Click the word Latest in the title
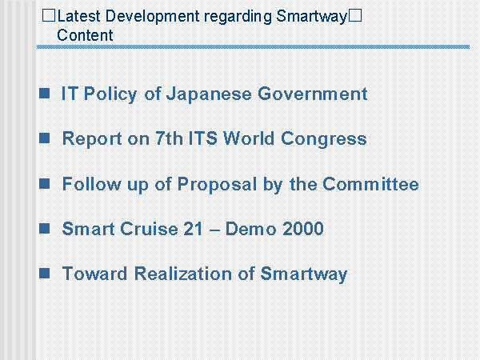(78, 16)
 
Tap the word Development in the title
(152, 17)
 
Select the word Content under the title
(85, 35)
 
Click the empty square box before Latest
(49, 15)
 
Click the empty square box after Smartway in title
(355, 15)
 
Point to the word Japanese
(209, 94)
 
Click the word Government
(312, 94)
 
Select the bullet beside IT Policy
(44, 93)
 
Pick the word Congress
(323, 139)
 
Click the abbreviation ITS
(202, 138)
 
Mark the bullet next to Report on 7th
(44, 138)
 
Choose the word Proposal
(217, 185)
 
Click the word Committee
(370, 184)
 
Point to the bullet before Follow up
(44, 184)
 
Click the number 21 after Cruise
(193, 229)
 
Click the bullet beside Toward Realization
(44, 273)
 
